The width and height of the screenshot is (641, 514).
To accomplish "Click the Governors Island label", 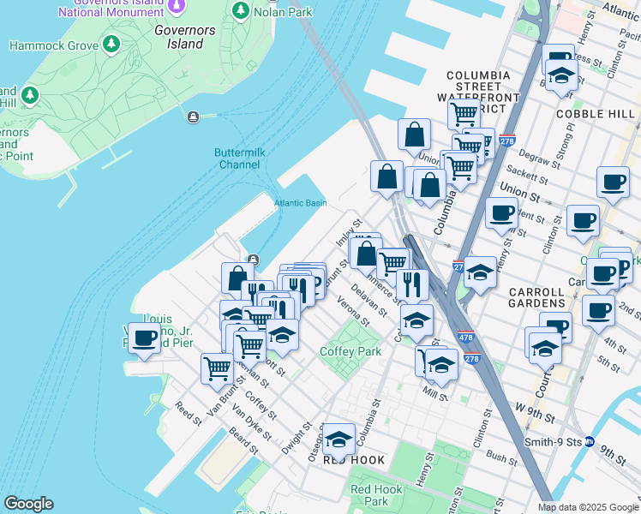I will pos(179,37).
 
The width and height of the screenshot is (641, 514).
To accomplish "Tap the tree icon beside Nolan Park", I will pos(241,11).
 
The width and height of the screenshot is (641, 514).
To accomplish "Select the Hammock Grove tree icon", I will pos(110,44).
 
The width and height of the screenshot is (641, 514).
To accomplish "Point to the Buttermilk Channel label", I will pos(237,158).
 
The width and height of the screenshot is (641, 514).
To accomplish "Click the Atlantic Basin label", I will pos(300,203).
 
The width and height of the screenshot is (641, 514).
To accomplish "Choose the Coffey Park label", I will pos(350,351).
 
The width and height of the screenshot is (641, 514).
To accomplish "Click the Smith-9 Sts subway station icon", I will pos(589,442).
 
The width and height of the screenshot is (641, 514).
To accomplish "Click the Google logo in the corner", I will pos(28,504).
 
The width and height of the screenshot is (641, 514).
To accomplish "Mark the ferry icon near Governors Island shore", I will pos(195,117).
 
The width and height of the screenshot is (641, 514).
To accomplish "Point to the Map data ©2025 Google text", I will pos(588,507).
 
